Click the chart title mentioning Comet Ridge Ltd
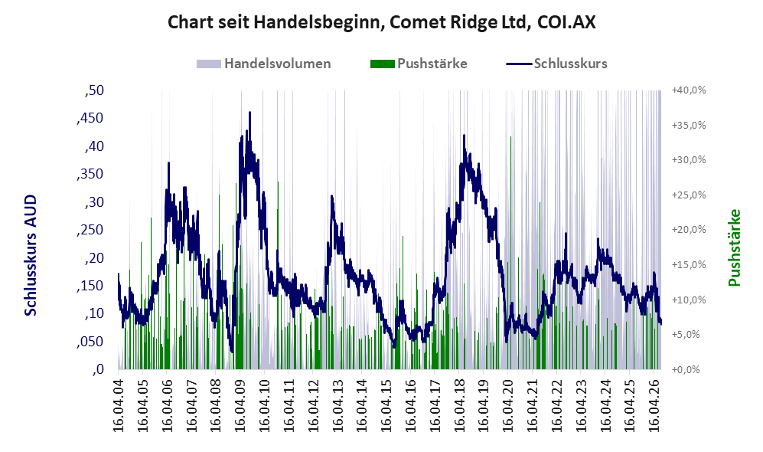pos(381,22)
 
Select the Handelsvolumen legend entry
pos(264,64)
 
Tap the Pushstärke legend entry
pos(419,64)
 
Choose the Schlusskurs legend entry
pos(556,64)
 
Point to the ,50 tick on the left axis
pos(94,90)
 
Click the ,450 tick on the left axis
pos(90,118)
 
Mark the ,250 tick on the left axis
pos(90,229)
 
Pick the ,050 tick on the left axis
pos(90,342)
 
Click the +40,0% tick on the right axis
pos(689,90)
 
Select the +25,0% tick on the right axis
pos(689,195)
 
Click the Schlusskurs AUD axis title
pos(30,255)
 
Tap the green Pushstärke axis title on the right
pos(734,247)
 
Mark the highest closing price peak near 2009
pos(249,113)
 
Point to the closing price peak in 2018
pos(464,136)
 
